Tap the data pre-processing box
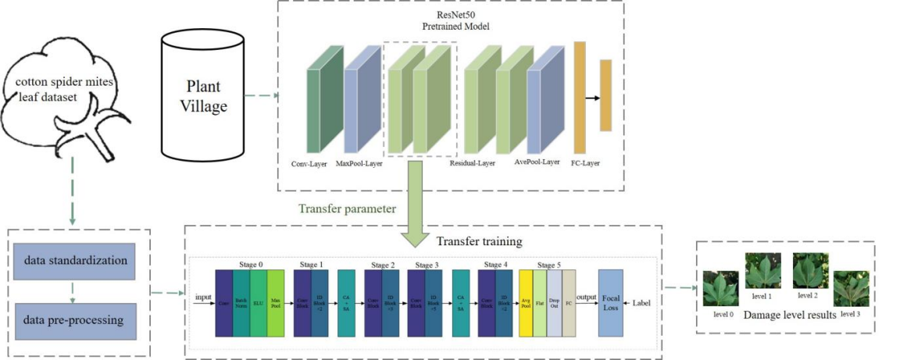tap(74, 320)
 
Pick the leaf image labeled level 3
tap(850, 289)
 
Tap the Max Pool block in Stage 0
tap(277, 303)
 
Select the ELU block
tap(259, 303)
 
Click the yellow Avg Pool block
tap(526, 303)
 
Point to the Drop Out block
tap(554, 303)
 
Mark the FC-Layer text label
tap(586, 163)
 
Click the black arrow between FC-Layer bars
tap(592, 98)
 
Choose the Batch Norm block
tap(241, 303)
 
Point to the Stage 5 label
tap(547, 264)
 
